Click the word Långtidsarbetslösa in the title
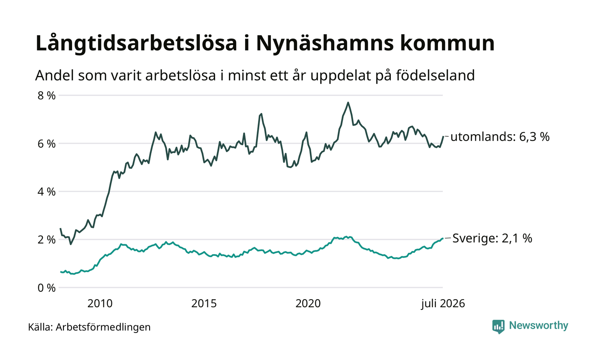click(x=136, y=44)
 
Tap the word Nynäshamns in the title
click(x=325, y=44)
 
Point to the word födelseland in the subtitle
click(x=435, y=75)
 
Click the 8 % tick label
click(x=47, y=96)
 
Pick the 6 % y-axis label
click(x=47, y=144)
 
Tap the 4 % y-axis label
click(x=47, y=192)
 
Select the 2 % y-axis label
click(x=47, y=240)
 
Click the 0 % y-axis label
click(x=47, y=288)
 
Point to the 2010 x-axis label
click(x=100, y=303)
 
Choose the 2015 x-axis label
click(x=204, y=303)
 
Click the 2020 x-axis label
click(x=308, y=303)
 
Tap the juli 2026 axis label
click(x=443, y=303)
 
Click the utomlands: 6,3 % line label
click(x=500, y=137)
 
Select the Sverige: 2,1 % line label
click(x=492, y=238)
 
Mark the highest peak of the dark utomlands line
click(x=348, y=102)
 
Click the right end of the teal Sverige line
click(x=442, y=238)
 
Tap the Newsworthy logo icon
click(x=498, y=327)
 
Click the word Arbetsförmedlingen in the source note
click(x=103, y=327)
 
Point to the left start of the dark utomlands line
click(x=60, y=228)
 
